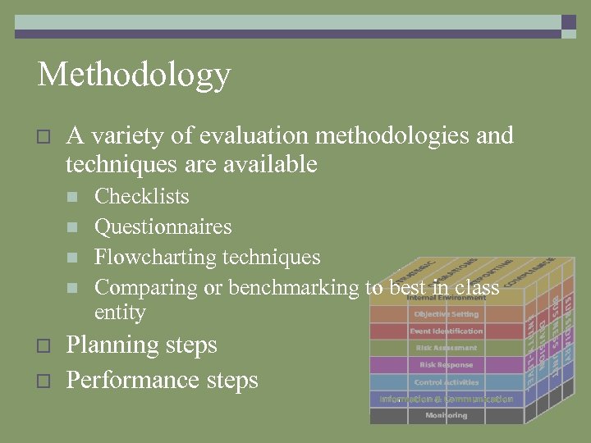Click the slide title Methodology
[x=134, y=75]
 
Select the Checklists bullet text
[x=141, y=197]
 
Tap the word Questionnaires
[x=163, y=227]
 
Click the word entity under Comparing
[x=120, y=313]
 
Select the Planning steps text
[x=141, y=345]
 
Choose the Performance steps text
[x=162, y=381]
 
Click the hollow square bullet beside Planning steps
[x=44, y=346]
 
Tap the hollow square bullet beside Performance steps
[x=44, y=381]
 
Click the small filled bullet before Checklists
[x=72, y=198]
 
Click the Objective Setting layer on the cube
[x=446, y=314]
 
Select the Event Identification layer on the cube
[x=446, y=331]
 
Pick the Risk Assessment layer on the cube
[x=446, y=348]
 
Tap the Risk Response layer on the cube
[x=446, y=365]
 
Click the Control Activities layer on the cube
[x=446, y=382]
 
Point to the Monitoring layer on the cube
[x=446, y=416]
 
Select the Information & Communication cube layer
[x=446, y=400]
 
